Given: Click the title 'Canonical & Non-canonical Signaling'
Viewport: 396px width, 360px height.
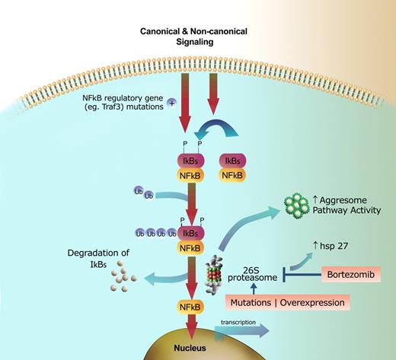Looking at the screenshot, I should pos(198,37).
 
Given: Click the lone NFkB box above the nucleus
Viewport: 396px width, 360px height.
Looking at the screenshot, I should pos(193,306).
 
